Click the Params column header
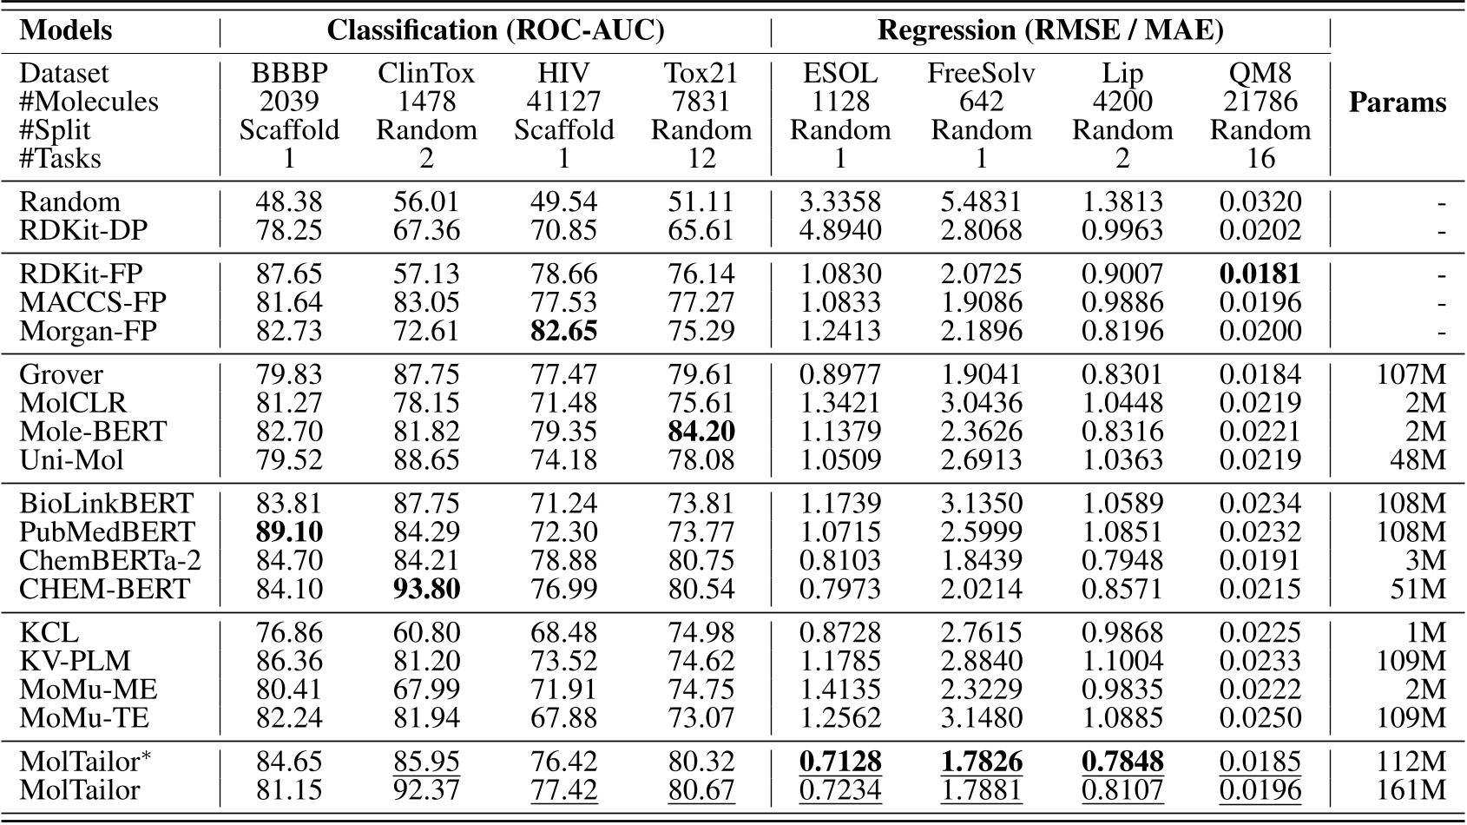(1397, 102)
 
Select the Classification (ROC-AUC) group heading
(495, 30)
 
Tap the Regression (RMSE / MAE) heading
(1050, 30)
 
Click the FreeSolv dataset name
(981, 73)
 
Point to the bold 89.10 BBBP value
(289, 532)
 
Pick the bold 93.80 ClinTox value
(426, 590)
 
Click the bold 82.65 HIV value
(563, 331)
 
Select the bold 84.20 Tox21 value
(701, 432)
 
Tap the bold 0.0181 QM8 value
(1260, 274)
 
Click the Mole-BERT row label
(93, 432)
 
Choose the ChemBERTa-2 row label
(110, 561)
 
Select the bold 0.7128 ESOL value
(839, 762)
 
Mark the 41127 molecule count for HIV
(563, 102)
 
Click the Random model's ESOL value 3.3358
(839, 202)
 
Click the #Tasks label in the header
(60, 159)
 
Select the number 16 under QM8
(1260, 159)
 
